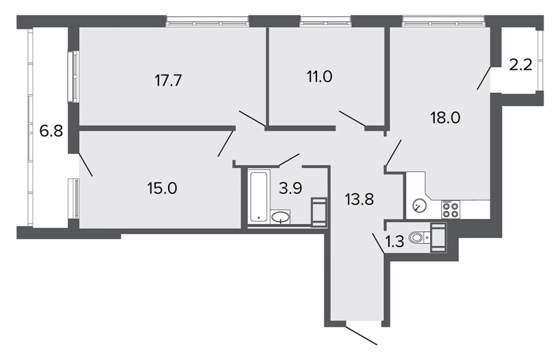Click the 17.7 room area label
pos(168,80)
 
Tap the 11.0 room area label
pos(320,76)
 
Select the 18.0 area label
pos(445,117)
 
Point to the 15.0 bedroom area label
pos(162,188)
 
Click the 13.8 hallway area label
pos(360,199)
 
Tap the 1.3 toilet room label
pos(395,242)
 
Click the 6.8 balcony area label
pos(52,131)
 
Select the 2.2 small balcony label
pos(521,65)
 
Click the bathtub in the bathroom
pos(259,197)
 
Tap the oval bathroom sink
pos(281,216)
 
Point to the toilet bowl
pos(417,237)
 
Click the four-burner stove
pos(450,209)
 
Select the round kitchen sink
pos(420,206)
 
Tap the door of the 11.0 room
pos(352,118)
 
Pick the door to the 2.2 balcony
pos(484,78)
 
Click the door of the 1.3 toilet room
pos(379,244)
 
